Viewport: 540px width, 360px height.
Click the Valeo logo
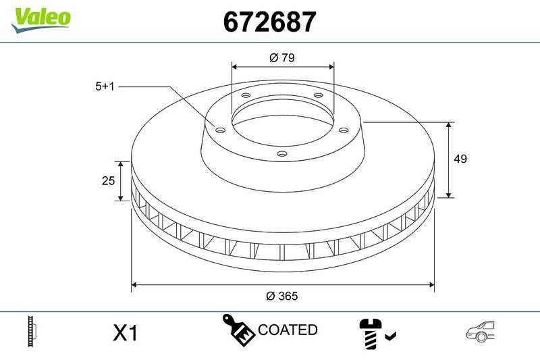pos(40,18)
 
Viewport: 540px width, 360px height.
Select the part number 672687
pos(269,23)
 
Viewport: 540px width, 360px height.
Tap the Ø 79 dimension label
pos(282,58)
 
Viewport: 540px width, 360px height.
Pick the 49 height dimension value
pos(460,159)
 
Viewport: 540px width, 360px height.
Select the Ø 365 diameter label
pos(282,296)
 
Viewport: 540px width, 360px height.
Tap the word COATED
pos(288,330)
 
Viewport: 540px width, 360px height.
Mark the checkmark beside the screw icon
pos(391,334)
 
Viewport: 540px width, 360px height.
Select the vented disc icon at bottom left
pos(30,330)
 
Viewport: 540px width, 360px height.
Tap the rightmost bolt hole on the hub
pos(342,130)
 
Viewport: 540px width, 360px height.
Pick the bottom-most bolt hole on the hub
pos(281,155)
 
